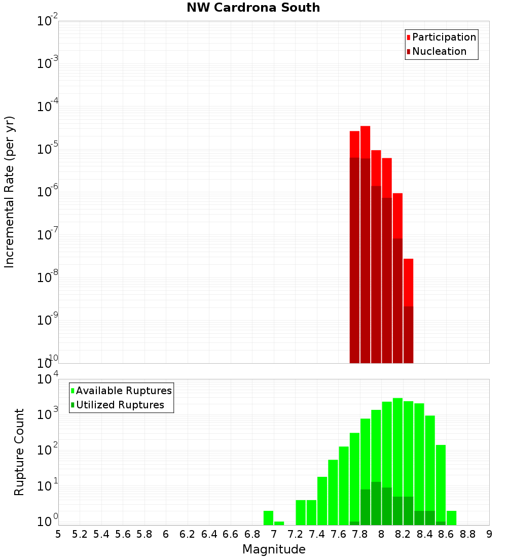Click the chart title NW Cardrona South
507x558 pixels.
click(253, 8)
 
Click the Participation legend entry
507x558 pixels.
click(444, 38)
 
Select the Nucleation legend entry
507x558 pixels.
click(439, 52)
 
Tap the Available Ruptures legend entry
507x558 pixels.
click(123, 391)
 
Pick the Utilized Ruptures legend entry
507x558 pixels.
click(120, 405)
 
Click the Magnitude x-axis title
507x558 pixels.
click(274, 549)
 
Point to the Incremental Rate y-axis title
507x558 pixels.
click(10, 192)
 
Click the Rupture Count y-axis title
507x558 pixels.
click(19, 451)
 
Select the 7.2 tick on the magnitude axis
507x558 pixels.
click(295, 534)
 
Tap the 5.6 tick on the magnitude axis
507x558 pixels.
click(123, 534)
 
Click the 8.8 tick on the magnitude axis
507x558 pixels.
click(467, 534)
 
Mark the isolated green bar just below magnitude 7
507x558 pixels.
click(268, 517)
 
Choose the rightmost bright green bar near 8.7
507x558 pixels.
click(451, 517)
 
